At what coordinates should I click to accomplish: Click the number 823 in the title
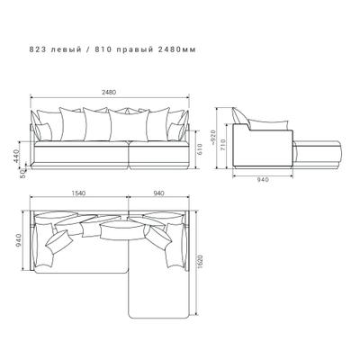pos(37,49)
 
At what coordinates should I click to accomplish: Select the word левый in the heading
pos(66,49)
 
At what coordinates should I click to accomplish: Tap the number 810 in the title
pos(103,49)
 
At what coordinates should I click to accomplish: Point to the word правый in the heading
pos(134,50)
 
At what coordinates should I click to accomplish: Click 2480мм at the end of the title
pos(177,49)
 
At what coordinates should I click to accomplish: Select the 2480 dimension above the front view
pos(109,93)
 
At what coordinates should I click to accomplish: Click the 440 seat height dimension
pos(16,156)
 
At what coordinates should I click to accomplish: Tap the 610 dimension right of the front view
pos(200,148)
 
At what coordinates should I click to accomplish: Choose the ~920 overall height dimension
pos(213,138)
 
